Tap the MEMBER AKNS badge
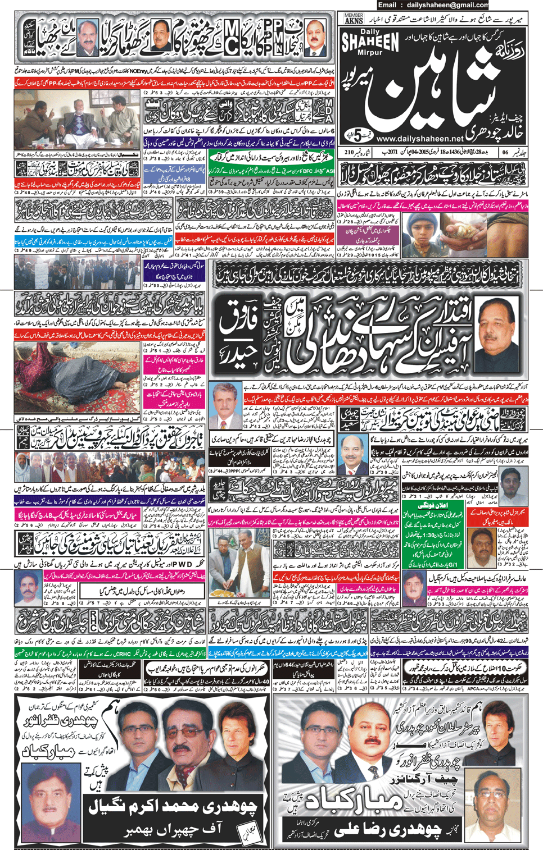click(x=354, y=19)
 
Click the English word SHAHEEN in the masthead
click(x=369, y=41)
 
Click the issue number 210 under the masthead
click(x=350, y=152)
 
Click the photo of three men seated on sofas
click(x=77, y=124)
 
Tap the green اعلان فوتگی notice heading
click(x=432, y=505)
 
